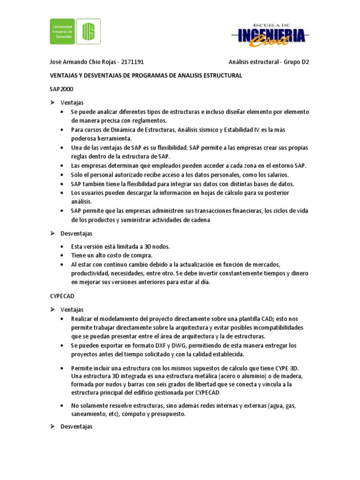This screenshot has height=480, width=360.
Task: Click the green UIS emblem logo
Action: point(89,31)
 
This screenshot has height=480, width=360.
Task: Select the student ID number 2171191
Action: point(133,61)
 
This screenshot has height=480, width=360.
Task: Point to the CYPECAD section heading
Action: point(62,296)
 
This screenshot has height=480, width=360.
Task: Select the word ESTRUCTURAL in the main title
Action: point(222,75)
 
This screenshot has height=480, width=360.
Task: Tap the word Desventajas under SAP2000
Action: point(76,233)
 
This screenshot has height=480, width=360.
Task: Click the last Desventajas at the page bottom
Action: point(76,427)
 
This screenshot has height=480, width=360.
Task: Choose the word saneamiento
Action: point(90,414)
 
